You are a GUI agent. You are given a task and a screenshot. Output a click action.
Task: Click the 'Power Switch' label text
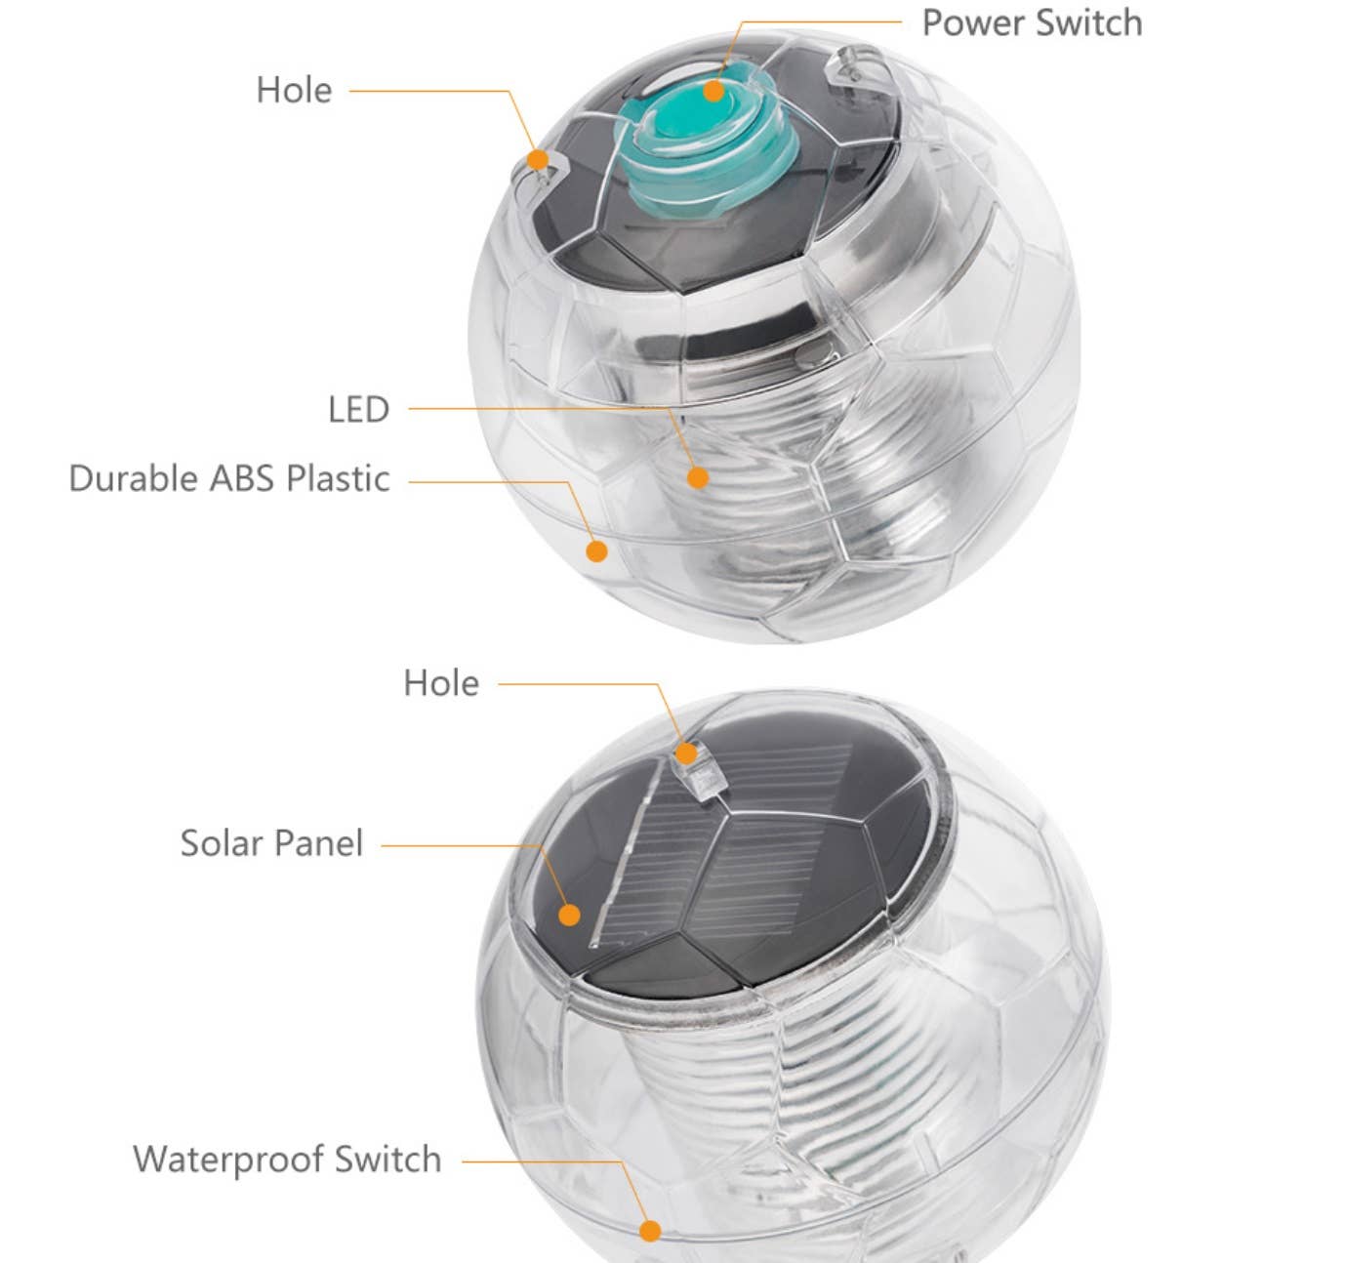coord(1032,23)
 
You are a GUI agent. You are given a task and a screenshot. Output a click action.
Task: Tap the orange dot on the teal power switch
coord(713,92)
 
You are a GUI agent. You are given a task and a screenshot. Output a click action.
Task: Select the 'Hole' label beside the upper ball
coord(294,91)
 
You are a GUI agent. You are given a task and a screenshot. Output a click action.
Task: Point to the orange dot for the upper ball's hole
coord(537,159)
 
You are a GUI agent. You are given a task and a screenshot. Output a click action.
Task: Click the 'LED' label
coord(358,409)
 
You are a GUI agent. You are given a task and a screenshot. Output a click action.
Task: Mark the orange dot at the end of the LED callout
coord(697,477)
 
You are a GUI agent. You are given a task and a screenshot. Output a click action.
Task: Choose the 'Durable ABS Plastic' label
coord(229,478)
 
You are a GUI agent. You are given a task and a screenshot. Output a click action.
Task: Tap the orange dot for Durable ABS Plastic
coord(596,551)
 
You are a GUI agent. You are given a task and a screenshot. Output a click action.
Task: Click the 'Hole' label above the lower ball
coord(441,683)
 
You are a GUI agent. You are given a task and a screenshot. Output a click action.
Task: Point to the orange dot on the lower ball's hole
coord(687,754)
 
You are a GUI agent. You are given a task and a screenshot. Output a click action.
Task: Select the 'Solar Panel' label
coord(271,843)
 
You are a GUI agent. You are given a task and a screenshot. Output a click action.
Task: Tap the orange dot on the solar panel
coord(569,915)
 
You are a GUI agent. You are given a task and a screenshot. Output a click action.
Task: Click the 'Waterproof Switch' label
coord(287,1160)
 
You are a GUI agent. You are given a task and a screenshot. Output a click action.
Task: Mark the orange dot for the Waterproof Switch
coord(650,1231)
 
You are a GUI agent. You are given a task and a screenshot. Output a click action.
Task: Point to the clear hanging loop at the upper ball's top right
coord(845,68)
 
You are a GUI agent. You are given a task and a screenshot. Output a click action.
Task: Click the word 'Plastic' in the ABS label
coord(338,478)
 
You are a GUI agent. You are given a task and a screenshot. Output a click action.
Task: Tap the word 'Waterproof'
coord(227,1160)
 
